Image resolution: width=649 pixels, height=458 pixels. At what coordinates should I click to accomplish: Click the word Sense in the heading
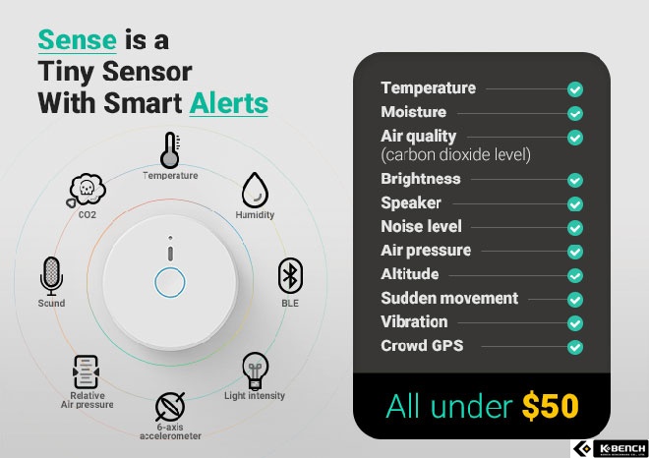pos(77,40)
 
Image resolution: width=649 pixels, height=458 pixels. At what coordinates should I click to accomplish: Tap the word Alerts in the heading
pos(229,103)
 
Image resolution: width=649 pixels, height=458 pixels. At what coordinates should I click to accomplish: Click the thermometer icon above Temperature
pos(170,150)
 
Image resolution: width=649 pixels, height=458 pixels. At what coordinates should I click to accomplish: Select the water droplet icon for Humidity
pos(255,191)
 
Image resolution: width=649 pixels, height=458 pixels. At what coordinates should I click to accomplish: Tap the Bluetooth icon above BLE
pos(290,276)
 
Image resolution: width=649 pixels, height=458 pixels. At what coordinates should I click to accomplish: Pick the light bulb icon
pos(255,372)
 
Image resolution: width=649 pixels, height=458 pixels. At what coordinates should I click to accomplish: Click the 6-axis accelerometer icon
pos(170,407)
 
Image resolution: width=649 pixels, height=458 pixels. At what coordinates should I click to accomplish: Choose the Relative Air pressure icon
pos(86,372)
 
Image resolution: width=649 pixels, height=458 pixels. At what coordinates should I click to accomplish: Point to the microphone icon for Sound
pos(51,276)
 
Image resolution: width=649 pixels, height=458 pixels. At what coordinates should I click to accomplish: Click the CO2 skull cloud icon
pos(87,191)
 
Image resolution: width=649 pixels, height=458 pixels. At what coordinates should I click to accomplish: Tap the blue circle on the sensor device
pos(170,283)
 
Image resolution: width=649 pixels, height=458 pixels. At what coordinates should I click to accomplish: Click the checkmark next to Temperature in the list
pos(575,89)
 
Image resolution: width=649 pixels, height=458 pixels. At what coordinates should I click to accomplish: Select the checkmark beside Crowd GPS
pos(575,347)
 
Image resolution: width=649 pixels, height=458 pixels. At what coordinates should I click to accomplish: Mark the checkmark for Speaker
pos(575,204)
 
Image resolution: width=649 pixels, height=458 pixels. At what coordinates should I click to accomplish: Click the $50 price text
pos(550,406)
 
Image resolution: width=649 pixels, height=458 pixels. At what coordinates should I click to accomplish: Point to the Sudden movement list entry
pos(449,299)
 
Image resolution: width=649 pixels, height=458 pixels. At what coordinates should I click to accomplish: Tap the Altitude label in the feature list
pos(410,274)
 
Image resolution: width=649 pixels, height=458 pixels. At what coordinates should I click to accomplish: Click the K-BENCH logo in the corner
pos(610,448)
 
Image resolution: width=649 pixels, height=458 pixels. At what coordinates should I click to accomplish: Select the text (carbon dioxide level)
pos(455,154)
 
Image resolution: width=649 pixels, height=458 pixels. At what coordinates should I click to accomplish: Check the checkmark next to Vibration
pos(575,323)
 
